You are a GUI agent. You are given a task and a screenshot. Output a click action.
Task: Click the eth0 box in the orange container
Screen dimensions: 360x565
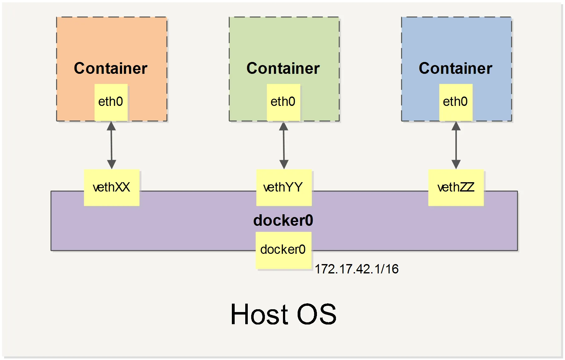click(x=111, y=102)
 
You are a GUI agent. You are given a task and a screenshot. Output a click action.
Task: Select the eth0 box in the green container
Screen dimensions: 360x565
click(x=283, y=102)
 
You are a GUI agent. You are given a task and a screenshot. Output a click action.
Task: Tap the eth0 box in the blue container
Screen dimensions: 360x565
click(x=456, y=102)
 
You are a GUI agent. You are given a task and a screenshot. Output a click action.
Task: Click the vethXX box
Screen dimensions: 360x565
click(x=112, y=187)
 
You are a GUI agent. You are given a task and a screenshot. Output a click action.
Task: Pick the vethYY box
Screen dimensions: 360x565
click(x=284, y=187)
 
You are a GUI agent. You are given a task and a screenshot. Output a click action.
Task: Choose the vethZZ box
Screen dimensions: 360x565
click(x=456, y=187)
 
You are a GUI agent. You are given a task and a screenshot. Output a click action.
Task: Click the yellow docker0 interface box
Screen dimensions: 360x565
click(x=283, y=250)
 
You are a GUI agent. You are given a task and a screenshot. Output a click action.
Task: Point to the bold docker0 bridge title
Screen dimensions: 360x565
click(x=283, y=220)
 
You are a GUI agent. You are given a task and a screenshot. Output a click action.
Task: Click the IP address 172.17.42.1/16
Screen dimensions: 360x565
click(x=357, y=269)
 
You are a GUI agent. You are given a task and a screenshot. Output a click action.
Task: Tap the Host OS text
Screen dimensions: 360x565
click(x=283, y=315)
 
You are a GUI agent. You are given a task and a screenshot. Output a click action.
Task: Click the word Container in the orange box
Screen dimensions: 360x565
click(x=111, y=68)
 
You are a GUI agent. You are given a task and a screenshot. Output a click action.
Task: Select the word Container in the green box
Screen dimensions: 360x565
click(x=283, y=68)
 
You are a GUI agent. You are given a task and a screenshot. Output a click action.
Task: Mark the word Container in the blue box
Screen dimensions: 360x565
click(x=455, y=68)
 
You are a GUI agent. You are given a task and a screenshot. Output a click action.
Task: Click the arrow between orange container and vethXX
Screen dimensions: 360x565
click(x=112, y=145)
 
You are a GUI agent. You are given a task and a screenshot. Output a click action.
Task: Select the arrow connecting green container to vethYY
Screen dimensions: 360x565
click(x=284, y=145)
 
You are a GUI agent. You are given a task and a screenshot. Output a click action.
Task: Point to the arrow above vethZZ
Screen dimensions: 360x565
click(x=456, y=145)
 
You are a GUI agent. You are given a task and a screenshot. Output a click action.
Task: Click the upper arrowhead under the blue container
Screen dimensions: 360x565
click(x=456, y=126)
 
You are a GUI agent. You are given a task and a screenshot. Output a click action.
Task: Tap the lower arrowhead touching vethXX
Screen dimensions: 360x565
click(x=112, y=164)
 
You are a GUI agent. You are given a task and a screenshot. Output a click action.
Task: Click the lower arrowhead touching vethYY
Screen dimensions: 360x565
click(x=284, y=164)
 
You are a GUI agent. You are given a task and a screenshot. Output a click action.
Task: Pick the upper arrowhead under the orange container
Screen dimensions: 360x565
click(x=111, y=126)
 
